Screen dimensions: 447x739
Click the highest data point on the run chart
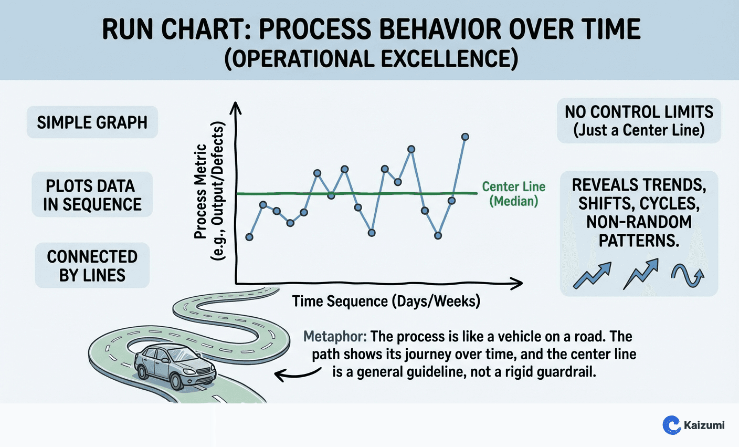pyautogui.click(x=465, y=137)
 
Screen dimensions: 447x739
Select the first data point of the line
pyautogui.click(x=249, y=237)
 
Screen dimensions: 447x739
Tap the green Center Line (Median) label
pyautogui.click(x=513, y=194)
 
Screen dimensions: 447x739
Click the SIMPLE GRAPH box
pyautogui.click(x=92, y=123)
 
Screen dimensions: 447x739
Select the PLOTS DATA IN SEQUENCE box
pyautogui.click(x=92, y=195)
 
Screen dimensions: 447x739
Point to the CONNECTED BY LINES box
pyautogui.click(x=92, y=266)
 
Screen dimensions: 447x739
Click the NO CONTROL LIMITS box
pyautogui.click(x=639, y=121)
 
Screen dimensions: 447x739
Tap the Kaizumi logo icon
pyautogui.click(x=671, y=424)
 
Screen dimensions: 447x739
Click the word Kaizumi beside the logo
pyautogui.click(x=705, y=425)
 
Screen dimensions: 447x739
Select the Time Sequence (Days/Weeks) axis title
pyautogui.click(x=386, y=302)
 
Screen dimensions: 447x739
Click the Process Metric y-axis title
pyautogui.click(x=208, y=191)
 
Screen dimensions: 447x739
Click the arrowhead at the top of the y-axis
pyautogui.click(x=236, y=107)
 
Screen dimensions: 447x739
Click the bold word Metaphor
pyautogui.click(x=335, y=337)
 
